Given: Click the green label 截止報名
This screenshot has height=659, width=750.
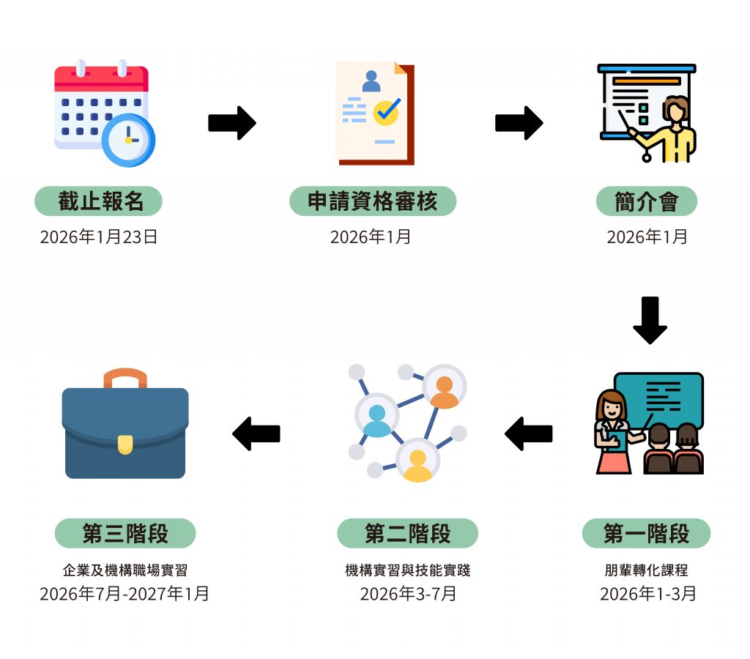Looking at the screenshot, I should pos(98,201).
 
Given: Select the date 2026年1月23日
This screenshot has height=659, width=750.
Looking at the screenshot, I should pos(99,237).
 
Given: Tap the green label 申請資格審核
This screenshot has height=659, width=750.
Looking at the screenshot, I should pos(373,201).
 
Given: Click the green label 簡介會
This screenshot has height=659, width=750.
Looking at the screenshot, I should pos(647,201).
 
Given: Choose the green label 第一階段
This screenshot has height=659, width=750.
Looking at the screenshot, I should pos(646,534).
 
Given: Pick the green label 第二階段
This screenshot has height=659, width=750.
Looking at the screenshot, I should pos(407,534).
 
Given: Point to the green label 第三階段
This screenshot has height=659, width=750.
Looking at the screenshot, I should pos(125,534).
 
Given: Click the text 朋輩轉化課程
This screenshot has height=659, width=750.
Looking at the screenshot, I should pos(647,570).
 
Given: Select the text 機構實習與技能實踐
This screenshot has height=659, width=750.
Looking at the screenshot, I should pos(407,570).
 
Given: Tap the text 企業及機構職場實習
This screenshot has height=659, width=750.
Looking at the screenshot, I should pos(125,570).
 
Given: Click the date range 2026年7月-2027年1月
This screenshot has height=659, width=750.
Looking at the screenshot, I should pos(125,593).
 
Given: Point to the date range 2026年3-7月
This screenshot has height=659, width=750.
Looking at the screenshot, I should pos(407,593).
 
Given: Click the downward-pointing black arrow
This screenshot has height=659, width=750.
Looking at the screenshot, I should pos(650,320).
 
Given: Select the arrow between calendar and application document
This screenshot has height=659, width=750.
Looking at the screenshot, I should pos(232,122).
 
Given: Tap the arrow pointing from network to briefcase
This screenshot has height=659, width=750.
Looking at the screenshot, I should pos(256,433).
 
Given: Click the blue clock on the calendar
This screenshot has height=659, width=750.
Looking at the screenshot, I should pos(128,140).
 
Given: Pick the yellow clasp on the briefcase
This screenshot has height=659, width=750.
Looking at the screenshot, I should pos(125,444).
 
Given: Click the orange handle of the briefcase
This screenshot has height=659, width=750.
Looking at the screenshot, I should pos(125,378).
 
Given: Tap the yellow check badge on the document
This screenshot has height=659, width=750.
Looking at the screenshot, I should pos(386,111).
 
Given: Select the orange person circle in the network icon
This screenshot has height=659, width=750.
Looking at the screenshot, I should pos(444,387).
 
